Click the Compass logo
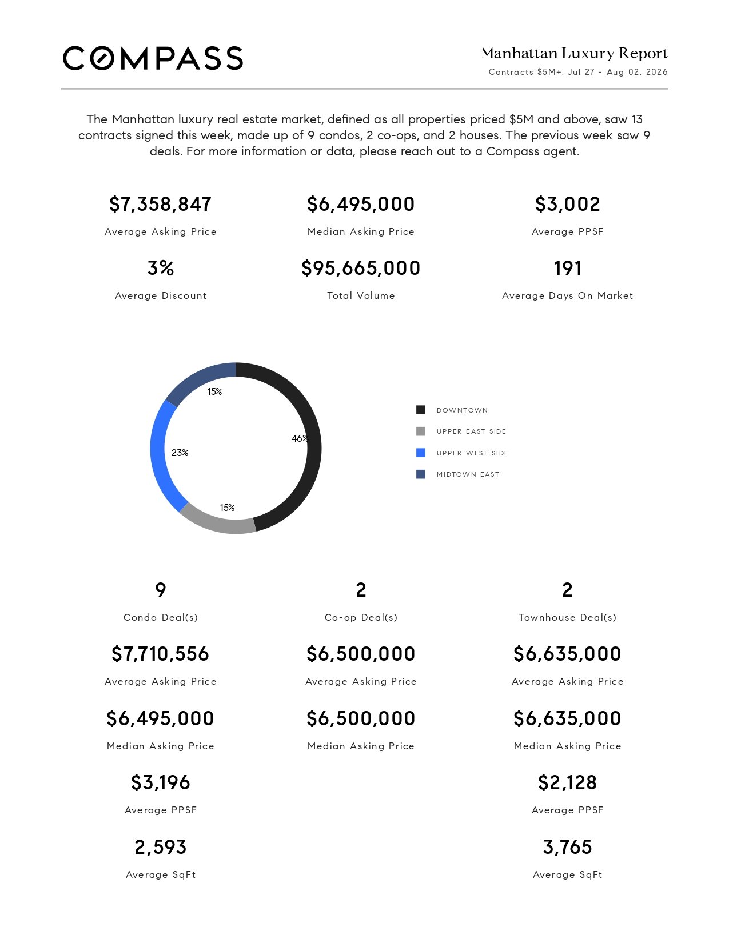point(153,58)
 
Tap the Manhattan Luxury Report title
point(574,53)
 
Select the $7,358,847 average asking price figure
point(160,204)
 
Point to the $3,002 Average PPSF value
point(568,204)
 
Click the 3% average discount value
point(160,267)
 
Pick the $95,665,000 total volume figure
point(361,268)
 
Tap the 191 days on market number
point(568,267)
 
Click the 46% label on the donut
point(300,439)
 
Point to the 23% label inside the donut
point(180,453)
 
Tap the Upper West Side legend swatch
point(421,453)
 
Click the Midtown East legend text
point(468,474)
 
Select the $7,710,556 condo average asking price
point(160,654)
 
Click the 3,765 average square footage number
point(568,847)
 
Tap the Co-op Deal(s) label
point(361,618)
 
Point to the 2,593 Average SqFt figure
point(160,847)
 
